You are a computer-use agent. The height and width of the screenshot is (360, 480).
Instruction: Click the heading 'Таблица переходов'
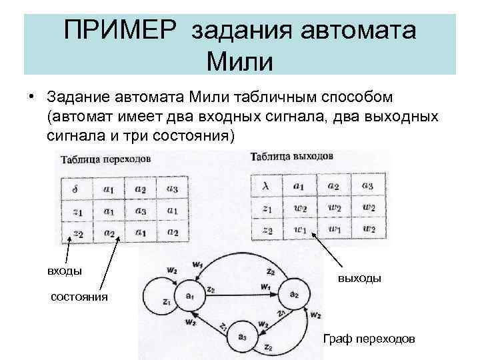[x=105, y=159]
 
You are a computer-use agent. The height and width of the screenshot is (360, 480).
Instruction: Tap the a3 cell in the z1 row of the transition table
[x=140, y=211]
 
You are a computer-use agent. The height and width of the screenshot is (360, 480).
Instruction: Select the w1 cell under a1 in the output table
[x=301, y=230]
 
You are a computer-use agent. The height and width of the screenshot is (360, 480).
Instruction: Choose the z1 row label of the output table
[x=267, y=208]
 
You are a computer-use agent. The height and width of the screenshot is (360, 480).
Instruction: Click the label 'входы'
[x=65, y=271]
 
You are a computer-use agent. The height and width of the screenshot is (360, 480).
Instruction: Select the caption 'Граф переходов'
[x=369, y=339]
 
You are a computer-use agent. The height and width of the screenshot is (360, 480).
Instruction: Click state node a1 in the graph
[x=189, y=295]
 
